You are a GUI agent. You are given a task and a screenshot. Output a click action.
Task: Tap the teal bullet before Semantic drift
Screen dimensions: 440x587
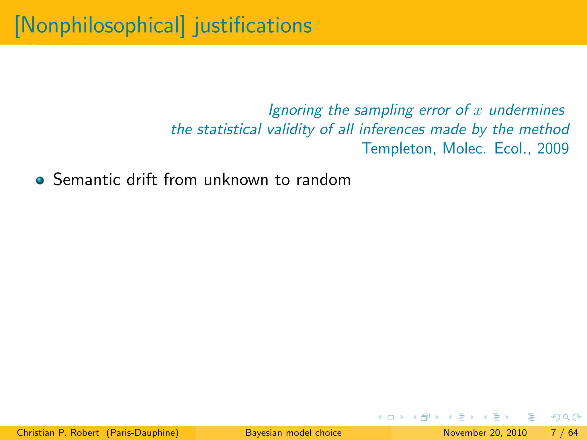(40, 180)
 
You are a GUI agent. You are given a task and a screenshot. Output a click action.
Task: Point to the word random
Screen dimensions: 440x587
(323, 180)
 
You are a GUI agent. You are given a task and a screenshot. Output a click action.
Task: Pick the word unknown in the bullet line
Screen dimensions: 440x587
(236, 180)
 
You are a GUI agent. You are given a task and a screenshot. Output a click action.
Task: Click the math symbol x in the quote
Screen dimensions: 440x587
(478, 111)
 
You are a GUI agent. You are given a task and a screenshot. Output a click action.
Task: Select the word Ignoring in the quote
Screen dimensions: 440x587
(295, 110)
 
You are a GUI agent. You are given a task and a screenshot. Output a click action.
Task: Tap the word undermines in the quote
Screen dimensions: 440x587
(527, 110)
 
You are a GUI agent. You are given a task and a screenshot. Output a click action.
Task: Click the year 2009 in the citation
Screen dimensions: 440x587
(553, 148)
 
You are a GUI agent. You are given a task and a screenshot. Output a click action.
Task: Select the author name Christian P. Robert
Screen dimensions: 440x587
(58, 433)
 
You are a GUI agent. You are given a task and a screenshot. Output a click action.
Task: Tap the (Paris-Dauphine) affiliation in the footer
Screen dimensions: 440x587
(142, 433)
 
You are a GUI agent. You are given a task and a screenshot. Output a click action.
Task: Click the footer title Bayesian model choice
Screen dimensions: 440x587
(293, 433)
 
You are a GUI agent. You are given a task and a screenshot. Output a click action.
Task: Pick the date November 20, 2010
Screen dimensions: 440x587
(485, 433)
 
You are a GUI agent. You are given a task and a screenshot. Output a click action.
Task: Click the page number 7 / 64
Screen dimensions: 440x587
(564, 433)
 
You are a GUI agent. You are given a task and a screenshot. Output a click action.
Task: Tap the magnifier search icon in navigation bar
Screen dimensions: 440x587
(566, 417)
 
